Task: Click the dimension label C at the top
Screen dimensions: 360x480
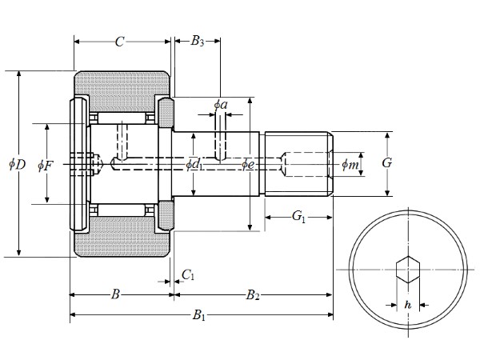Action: click(x=119, y=42)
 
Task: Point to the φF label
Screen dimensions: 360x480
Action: click(x=46, y=166)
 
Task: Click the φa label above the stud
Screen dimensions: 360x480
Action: click(x=221, y=104)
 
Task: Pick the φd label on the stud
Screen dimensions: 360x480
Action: click(x=193, y=165)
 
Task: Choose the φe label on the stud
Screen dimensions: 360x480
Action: click(x=249, y=165)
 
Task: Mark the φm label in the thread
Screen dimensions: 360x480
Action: click(x=350, y=165)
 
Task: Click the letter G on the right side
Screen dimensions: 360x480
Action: click(x=387, y=162)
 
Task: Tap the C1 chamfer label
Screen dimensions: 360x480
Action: click(x=188, y=275)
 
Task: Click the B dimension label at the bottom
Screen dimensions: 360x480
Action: click(x=115, y=295)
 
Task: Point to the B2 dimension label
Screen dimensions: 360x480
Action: click(x=253, y=295)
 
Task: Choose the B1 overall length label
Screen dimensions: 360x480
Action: click(x=199, y=316)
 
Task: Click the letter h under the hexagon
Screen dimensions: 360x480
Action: click(x=408, y=305)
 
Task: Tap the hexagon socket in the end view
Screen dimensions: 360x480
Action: click(x=408, y=269)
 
